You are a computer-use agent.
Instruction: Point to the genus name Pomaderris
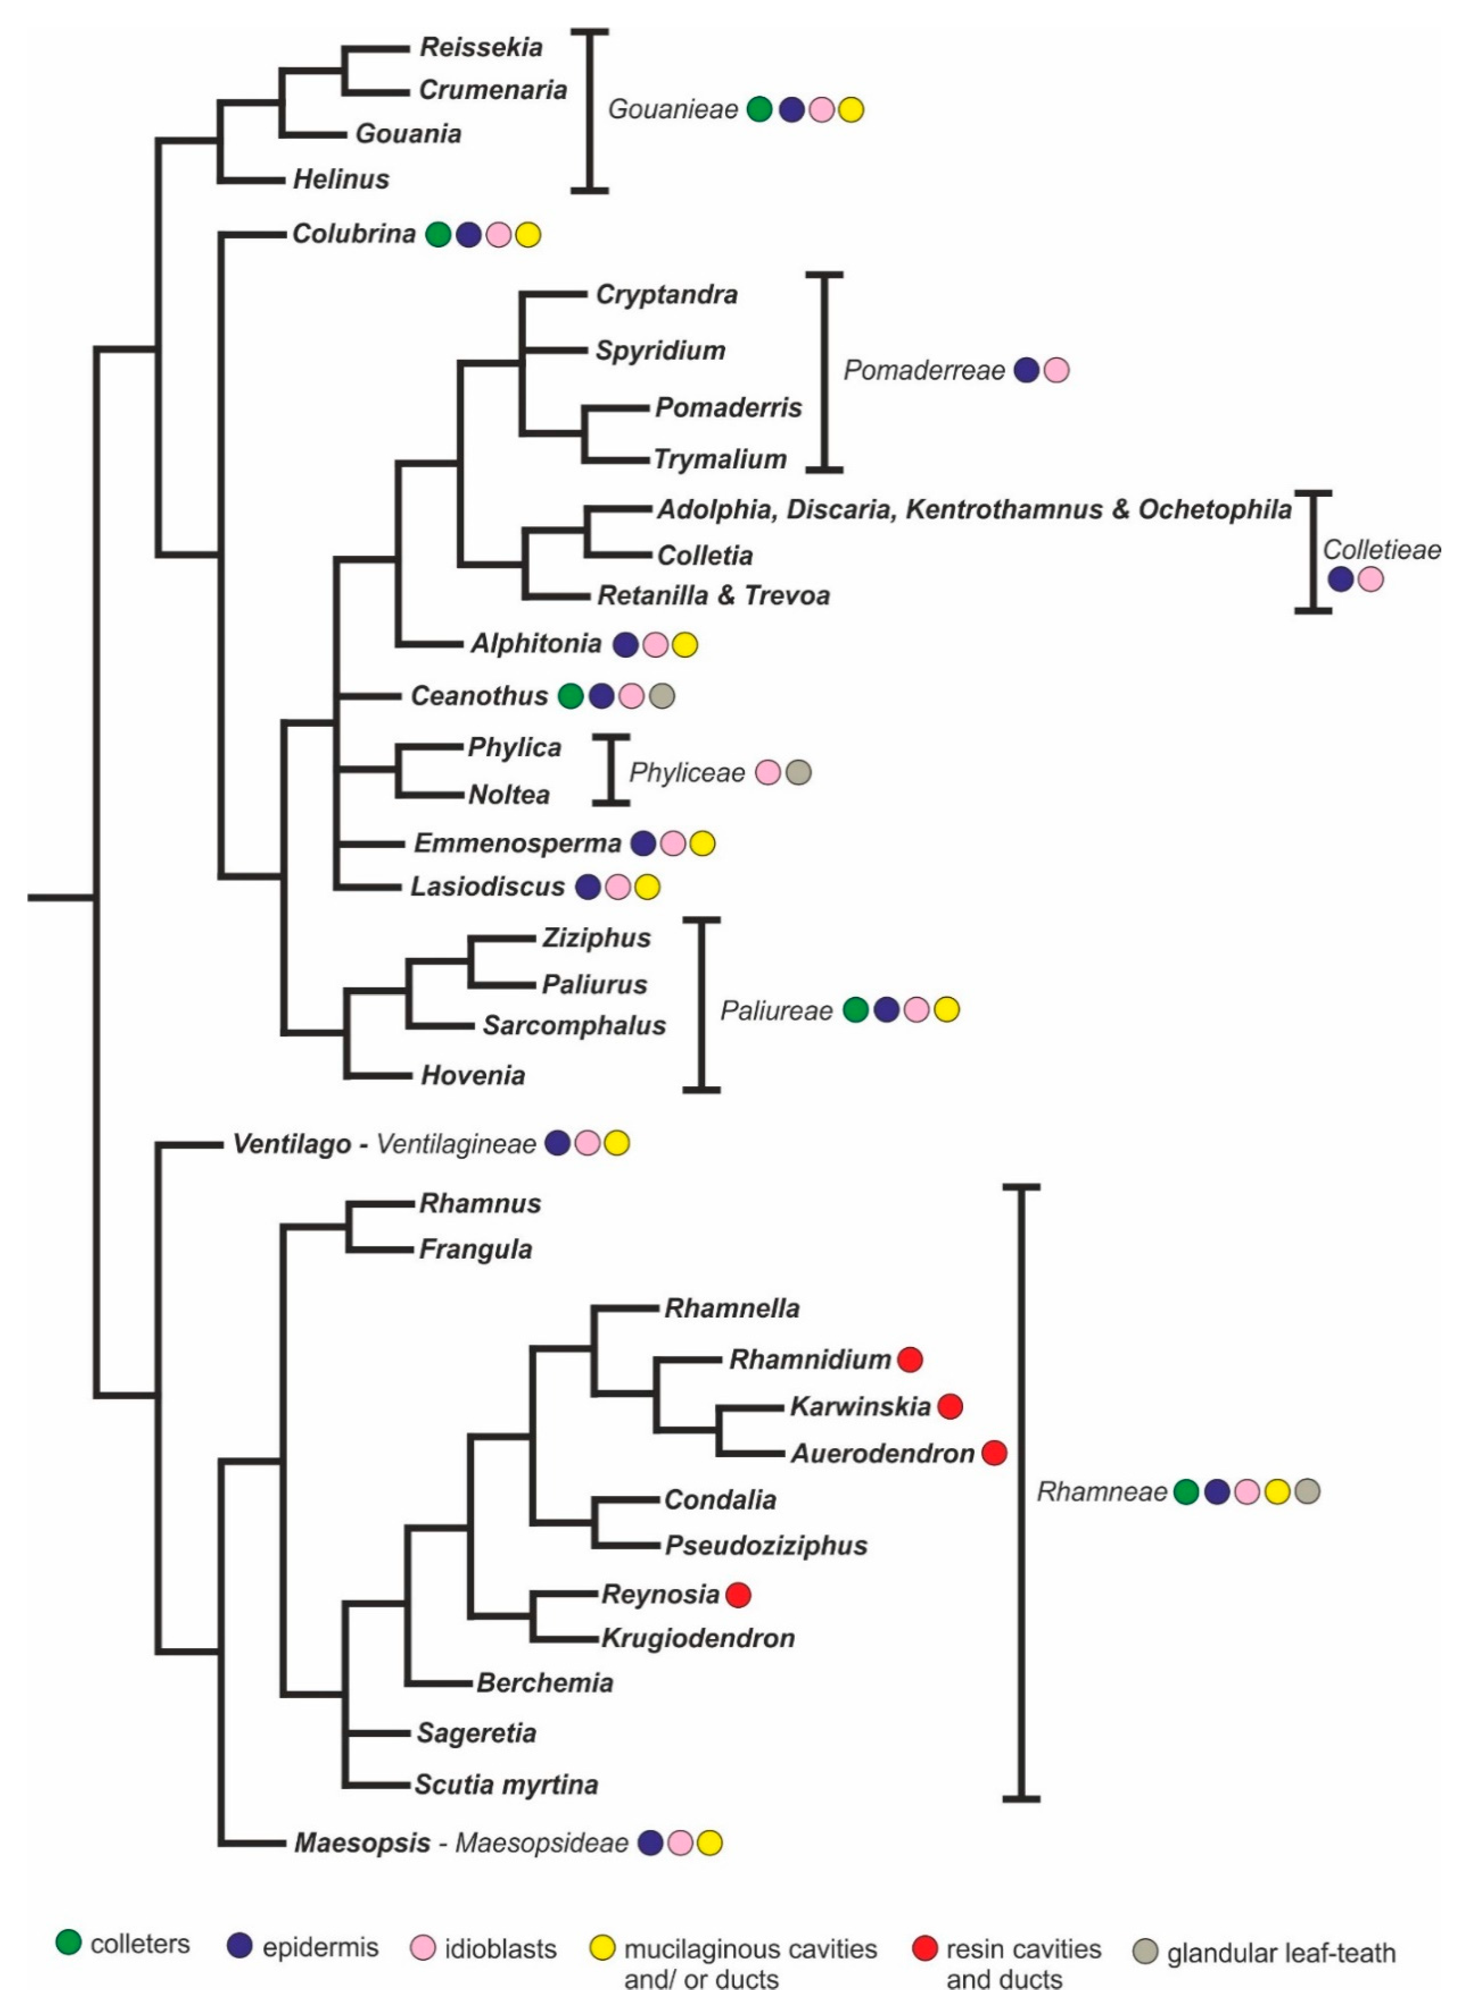[728, 408]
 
